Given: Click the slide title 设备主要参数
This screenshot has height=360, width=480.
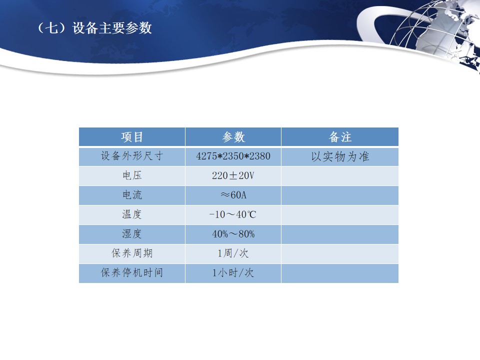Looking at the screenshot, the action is pyautogui.click(x=112, y=28).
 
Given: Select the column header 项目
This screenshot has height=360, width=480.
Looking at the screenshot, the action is pyautogui.click(x=132, y=137).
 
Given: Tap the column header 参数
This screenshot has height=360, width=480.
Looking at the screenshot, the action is pyautogui.click(x=233, y=137).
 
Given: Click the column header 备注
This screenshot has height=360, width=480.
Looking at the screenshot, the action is pyautogui.click(x=340, y=137).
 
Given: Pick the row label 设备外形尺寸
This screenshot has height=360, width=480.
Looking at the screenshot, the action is pyautogui.click(x=132, y=156).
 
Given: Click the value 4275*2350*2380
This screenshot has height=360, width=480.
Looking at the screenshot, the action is pyautogui.click(x=233, y=156).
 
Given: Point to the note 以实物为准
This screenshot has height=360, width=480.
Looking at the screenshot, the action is pyautogui.click(x=340, y=156).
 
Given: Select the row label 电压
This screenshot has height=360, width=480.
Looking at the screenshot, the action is pyautogui.click(x=132, y=175).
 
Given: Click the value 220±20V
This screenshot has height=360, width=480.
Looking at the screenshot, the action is pyautogui.click(x=233, y=175).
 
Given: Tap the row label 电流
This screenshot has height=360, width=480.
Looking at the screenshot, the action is pyautogui.click(x=132, y=195).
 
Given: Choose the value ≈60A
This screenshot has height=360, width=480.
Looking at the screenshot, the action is pyautogui.click(x=233, y=195).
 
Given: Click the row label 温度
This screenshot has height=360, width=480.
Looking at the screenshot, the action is pyautogui.click(x=132, y=214).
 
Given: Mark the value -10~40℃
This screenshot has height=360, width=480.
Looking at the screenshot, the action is pyautogui.click(x=232, y=214).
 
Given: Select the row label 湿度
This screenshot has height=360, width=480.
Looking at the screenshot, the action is pyautogui.click(x=132, y=234).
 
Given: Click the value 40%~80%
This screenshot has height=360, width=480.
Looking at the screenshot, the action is pyautogui.click(x=233, y=234).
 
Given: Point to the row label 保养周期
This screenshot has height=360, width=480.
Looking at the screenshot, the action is pyautogui.click(x=132, y=253).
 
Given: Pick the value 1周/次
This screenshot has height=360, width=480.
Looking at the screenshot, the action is pyautogui.click(x=233, y=253).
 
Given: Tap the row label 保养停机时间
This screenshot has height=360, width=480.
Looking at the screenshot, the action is pyautogui.click(x=132, y=273).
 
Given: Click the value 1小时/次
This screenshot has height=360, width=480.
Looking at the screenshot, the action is pyautogui.click(x=233, y=273).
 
